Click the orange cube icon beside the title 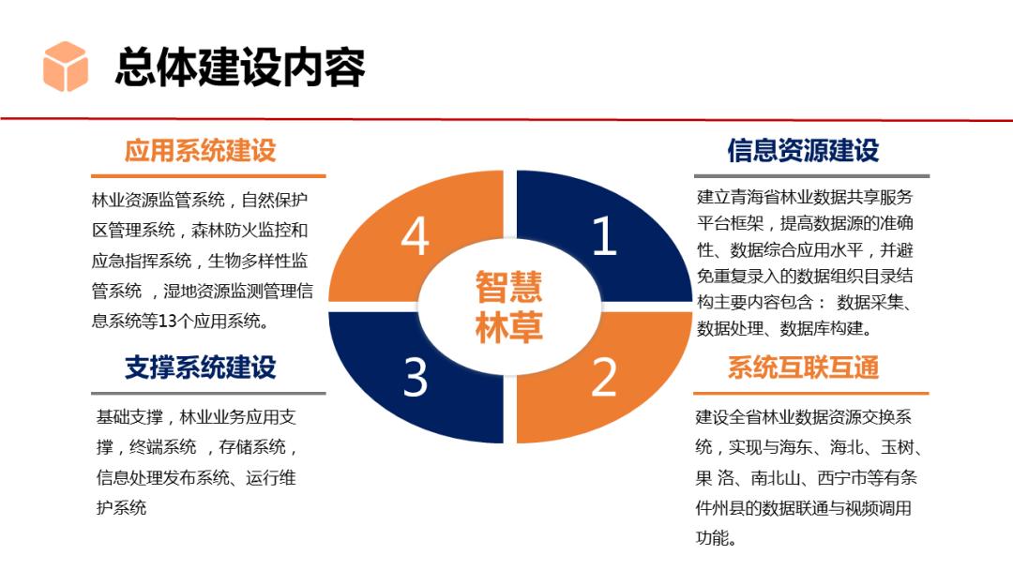pyautogui.click(x=66, y=66)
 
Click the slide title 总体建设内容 pyautogui.click(x=239, y=67)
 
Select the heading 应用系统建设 pyautogui.click(x=200, y=150)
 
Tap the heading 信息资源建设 pyautogui.click(x=803, y=150)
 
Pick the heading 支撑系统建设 pyautogui.click(x=200, y=367)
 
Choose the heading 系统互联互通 pyautogui.click(x=803, y=367)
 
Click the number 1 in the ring pyautogui.click(x=605, y=236)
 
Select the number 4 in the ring pyautogui.click(x=416, y=236)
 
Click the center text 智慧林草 pyautogui.click(x=508, y=306)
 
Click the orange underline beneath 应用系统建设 pyautogui.click(x=208, y=176)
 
